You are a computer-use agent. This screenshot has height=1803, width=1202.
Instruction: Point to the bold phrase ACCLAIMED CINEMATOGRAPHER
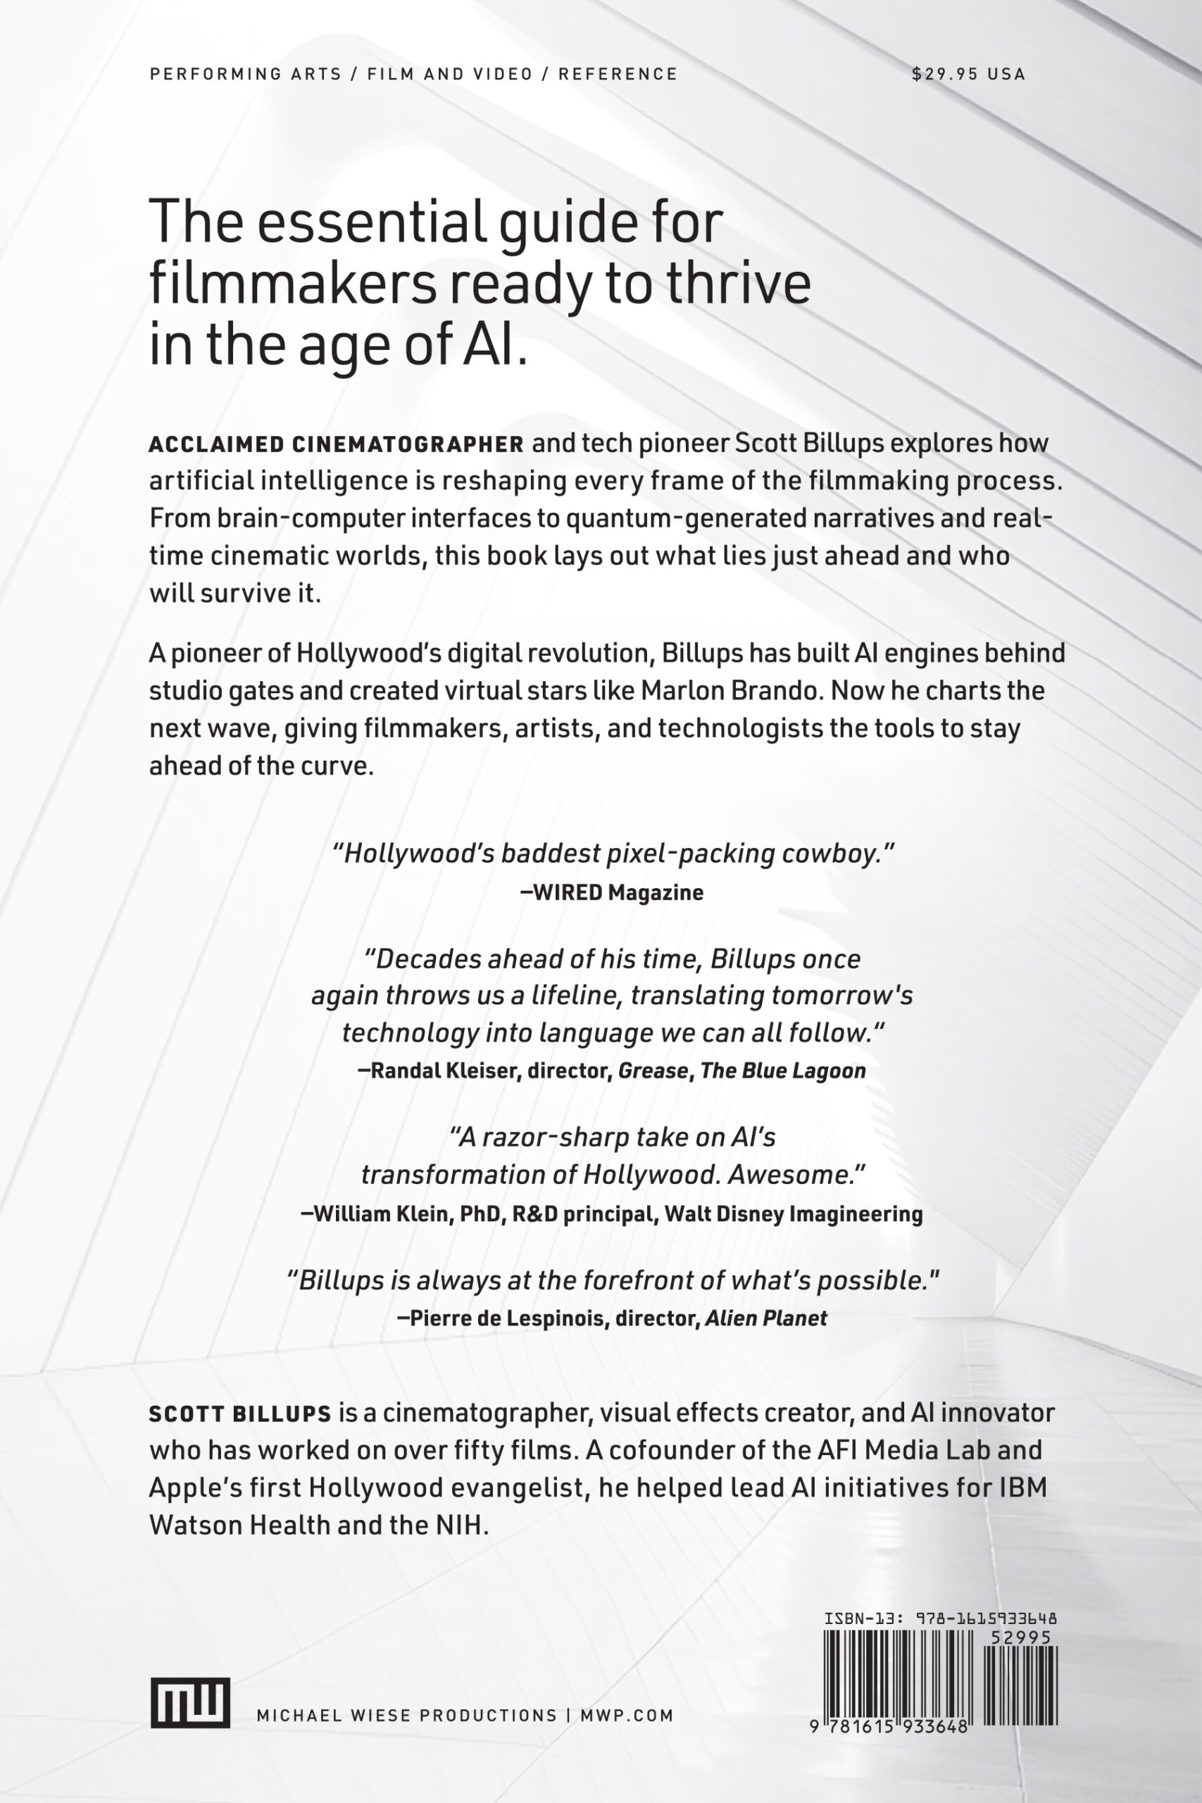click(x=337, y=444)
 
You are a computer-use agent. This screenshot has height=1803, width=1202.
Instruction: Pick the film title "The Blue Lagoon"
click(x=783, y=1071)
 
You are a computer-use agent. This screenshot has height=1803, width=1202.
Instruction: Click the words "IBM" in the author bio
click(x=1023, y=1488)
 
